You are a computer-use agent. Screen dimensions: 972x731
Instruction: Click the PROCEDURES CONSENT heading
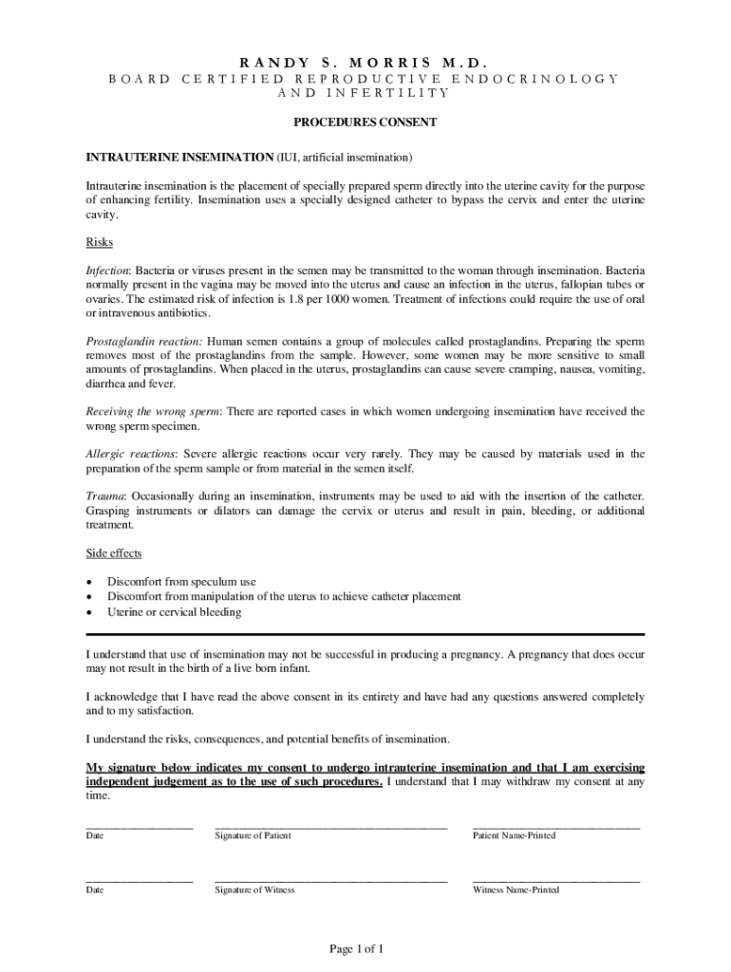point(365,122)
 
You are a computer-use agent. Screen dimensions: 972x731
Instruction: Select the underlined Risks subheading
point(100,242)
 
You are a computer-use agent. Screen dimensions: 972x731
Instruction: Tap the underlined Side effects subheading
point(114,553)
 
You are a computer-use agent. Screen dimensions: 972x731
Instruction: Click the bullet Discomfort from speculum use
point(181,582)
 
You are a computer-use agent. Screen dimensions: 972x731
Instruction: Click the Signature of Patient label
point(253,835)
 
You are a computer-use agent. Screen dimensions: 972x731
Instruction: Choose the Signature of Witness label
point(254,889)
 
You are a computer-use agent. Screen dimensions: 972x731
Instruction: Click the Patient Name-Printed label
point(514,835)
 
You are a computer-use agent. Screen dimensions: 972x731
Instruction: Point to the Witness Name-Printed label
point(515,889)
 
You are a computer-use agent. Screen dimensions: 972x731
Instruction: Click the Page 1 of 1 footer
point(356,948)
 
